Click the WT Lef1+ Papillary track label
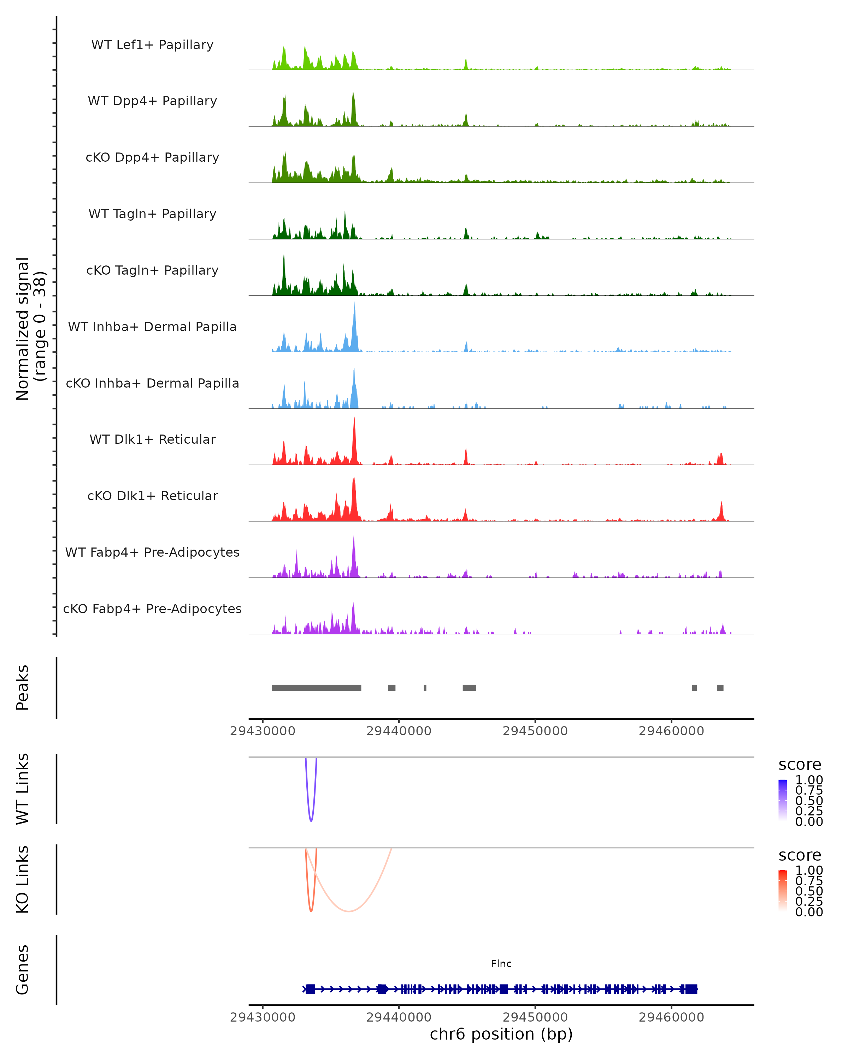(152, 45)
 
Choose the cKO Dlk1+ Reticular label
(152, 496)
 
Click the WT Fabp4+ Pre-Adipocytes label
(152, 552)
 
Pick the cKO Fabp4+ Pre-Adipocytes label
(152, 609)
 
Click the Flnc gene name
(501, 964)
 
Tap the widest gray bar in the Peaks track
(316, 688)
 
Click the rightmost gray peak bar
(720, 688)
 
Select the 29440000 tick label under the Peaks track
(399, 731)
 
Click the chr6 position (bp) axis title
(501, 1034)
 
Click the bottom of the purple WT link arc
(311, 820)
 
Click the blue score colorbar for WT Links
(783, 800)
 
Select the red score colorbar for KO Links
(783, 891)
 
